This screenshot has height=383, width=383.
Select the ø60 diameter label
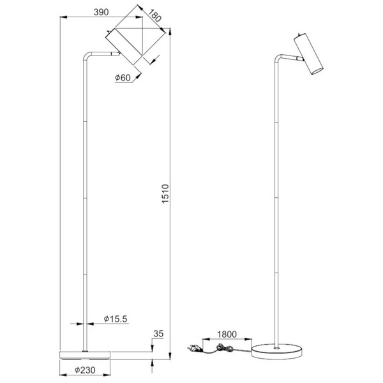pos(123,78)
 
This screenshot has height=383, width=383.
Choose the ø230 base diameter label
pos(86,370)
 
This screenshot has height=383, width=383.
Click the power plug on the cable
pos(191,349)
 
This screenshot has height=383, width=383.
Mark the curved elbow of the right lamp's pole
pos(276,59)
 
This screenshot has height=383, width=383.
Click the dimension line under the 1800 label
pos(227,340)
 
